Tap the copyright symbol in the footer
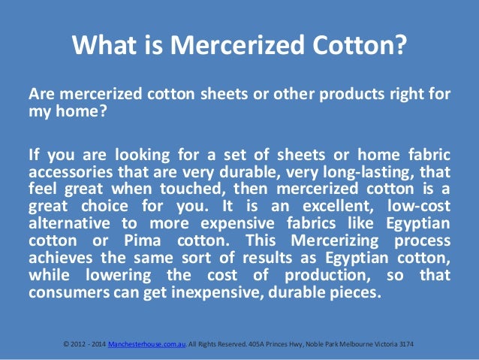pos(66,343)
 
